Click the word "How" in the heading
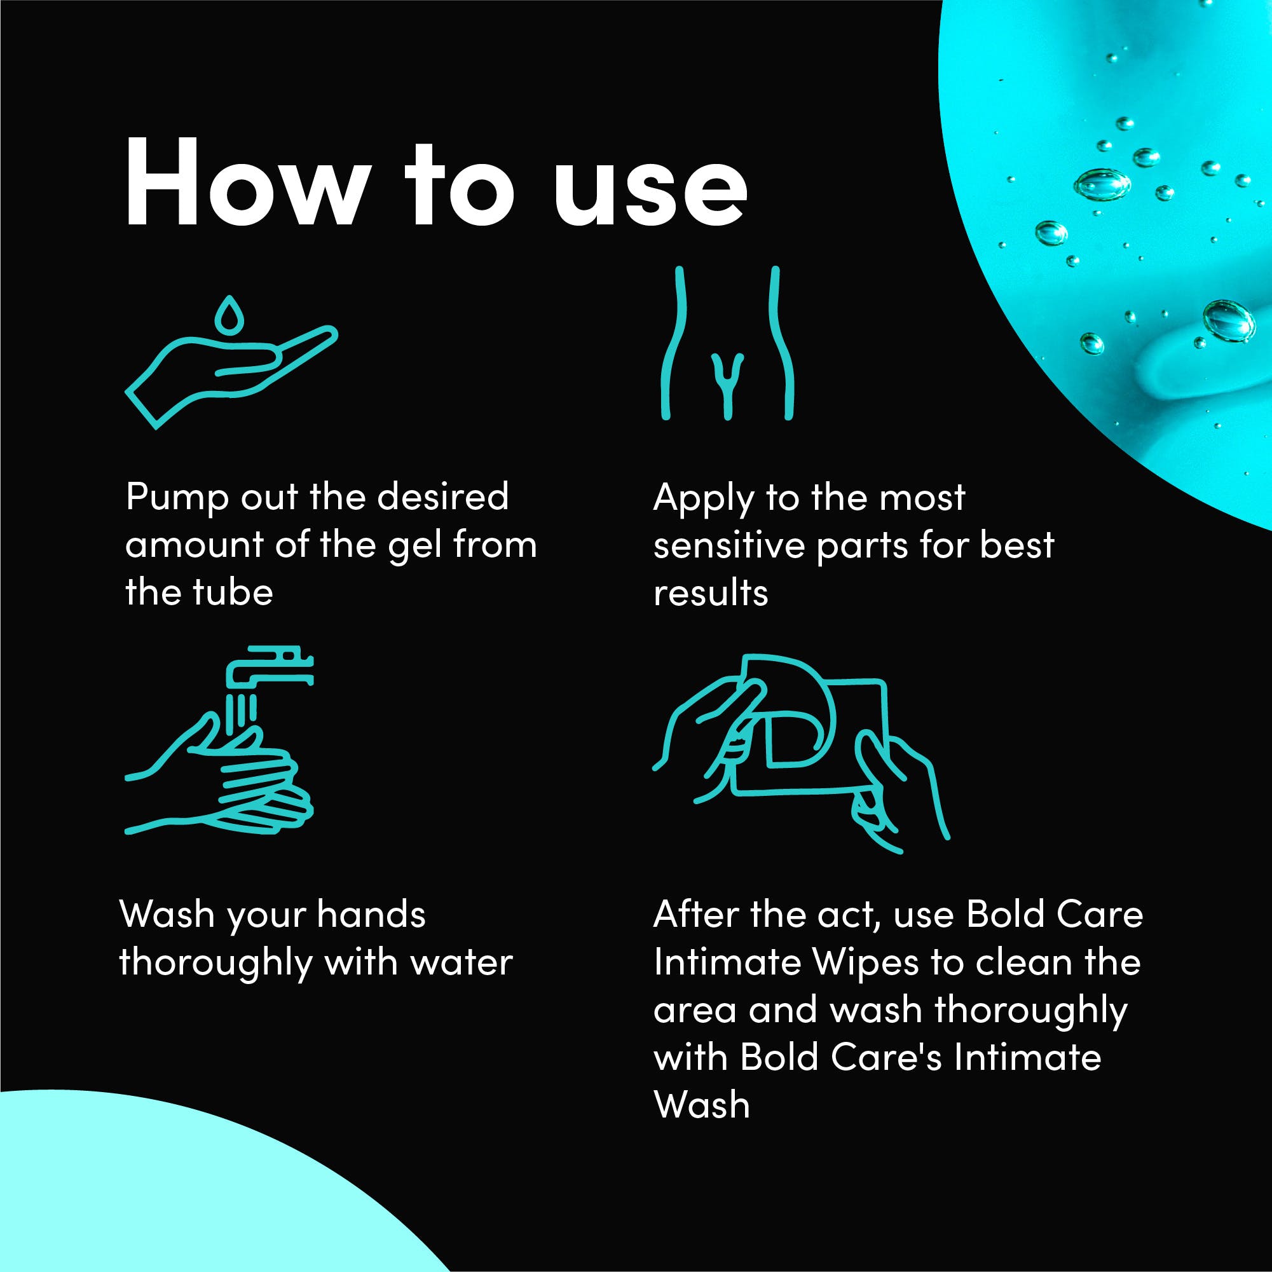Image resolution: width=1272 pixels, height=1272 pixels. (x=247, y=184)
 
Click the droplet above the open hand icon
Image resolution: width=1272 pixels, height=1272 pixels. (x=229, y=313)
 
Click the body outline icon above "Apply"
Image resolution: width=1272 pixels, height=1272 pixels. (x=727, y=343)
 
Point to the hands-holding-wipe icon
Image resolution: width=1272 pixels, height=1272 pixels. (x=800, y=753)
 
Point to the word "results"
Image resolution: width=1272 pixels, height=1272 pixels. (x=711, y=592)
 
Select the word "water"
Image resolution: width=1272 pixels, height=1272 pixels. (x=461, y=962)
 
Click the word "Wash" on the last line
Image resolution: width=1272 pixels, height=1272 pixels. (x=702, y=1104)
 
